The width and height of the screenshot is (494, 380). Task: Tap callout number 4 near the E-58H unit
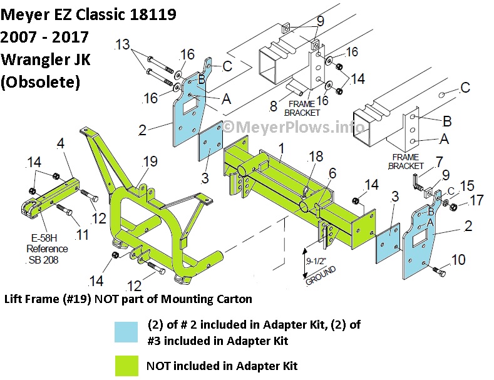(61, 144)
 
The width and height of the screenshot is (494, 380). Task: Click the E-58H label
(42, 238)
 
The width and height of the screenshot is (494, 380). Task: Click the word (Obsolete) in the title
(40, 81)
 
